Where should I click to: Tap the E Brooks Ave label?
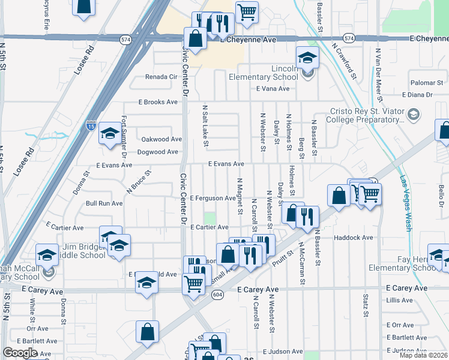[158, 102]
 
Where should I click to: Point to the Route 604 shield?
[217, 294]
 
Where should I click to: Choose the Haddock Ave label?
[354, 238]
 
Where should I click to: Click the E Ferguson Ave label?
[213, 198]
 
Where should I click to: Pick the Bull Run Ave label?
[104, 203]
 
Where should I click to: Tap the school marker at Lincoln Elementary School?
[307, 58]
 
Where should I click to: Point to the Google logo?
[20, 353]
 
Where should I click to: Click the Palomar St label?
[426, 82]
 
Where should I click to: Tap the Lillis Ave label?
[400, 300]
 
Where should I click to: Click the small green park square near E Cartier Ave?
[209, 218]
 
